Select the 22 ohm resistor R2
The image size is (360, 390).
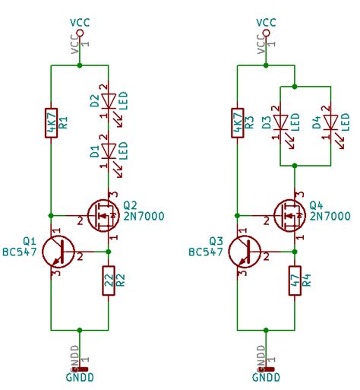(109, 282)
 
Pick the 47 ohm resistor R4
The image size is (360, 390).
(295, 282)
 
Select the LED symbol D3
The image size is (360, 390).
(282, 122)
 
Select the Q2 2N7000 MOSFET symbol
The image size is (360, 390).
(102, 215)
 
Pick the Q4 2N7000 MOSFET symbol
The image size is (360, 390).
(288, 215)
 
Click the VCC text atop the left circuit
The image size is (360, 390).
(80, 23)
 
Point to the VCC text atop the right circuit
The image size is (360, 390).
(266, 23)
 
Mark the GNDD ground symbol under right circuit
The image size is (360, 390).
(266, 373)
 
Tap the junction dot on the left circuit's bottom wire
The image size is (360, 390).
(80, 331)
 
